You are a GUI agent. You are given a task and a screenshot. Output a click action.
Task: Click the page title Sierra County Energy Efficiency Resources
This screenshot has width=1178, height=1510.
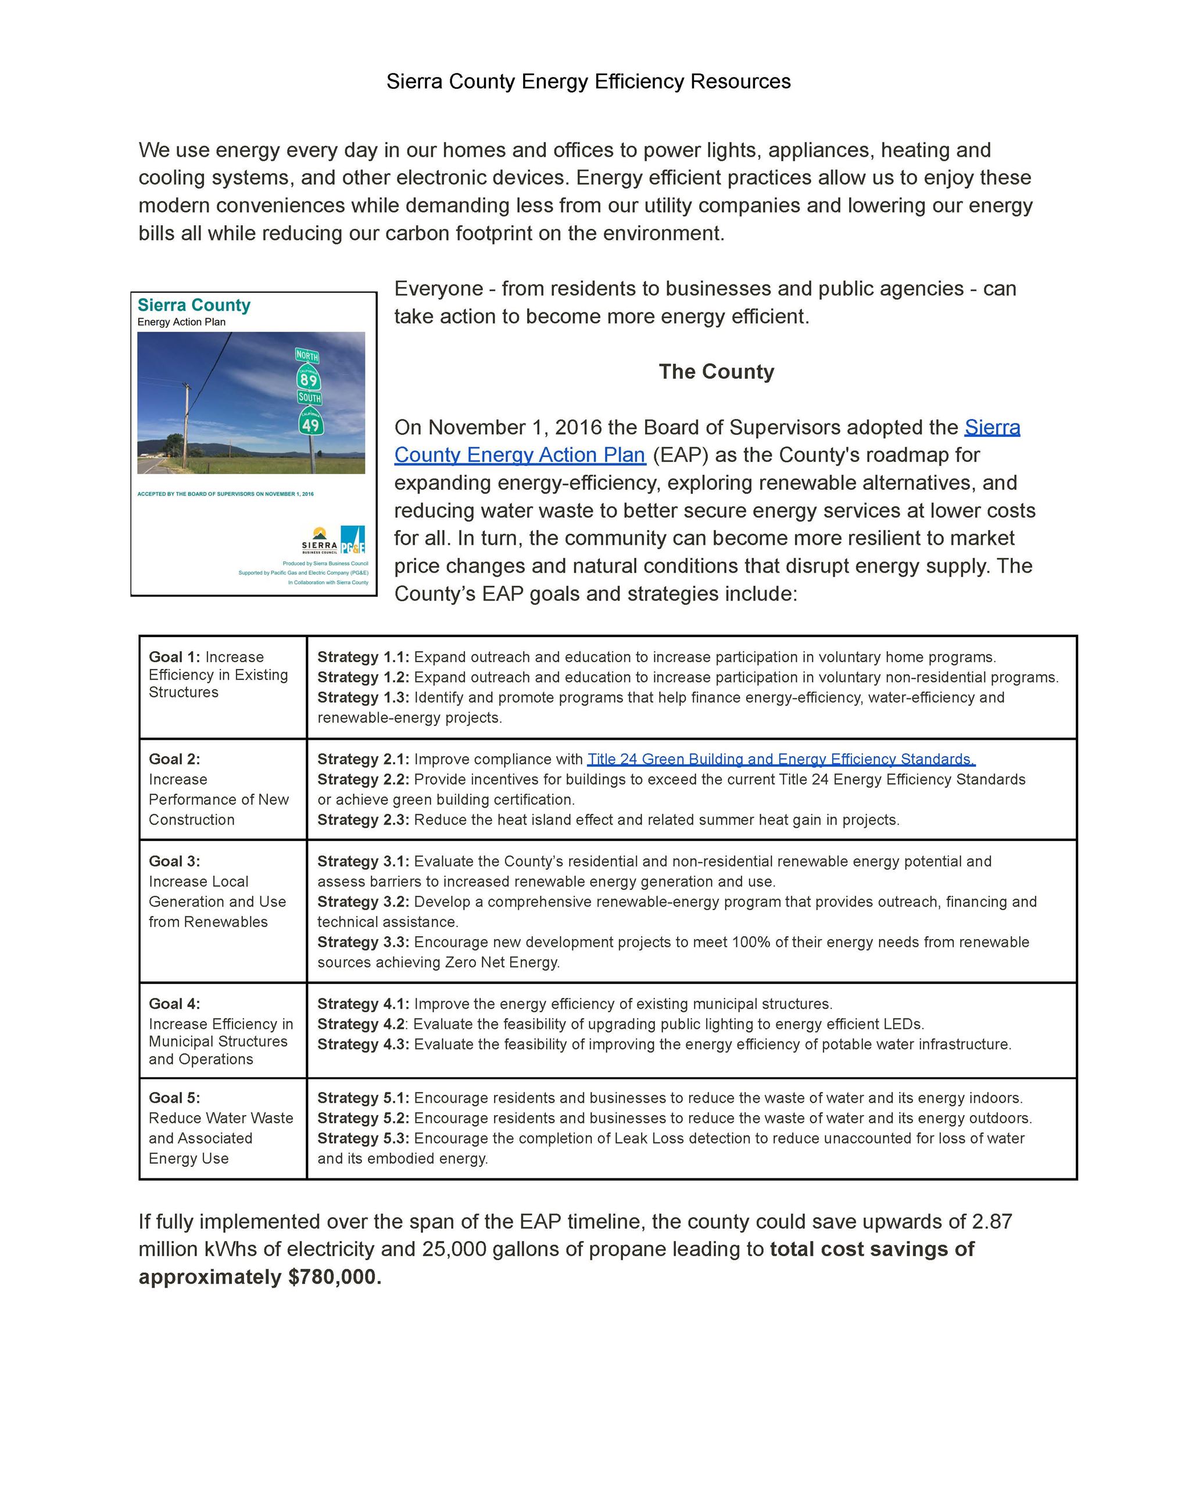588,81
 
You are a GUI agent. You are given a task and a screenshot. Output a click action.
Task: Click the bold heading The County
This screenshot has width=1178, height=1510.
716,372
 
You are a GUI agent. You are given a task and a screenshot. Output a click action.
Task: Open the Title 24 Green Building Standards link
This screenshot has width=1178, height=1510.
780,759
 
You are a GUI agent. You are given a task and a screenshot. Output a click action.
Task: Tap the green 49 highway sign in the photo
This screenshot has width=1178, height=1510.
310,423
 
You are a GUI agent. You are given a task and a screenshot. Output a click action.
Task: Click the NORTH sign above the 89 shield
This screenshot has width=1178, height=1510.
307,355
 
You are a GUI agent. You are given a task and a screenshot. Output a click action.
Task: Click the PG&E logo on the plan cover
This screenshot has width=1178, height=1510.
353,540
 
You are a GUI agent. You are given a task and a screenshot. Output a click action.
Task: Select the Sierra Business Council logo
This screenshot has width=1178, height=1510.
320,540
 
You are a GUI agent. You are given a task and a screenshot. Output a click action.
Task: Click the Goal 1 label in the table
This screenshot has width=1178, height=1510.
174,657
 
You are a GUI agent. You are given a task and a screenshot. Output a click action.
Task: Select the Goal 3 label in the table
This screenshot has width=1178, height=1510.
174,861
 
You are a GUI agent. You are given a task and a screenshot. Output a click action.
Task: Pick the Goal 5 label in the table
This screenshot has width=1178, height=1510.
174,1098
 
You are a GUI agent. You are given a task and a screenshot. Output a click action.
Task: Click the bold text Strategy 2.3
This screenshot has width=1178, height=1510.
363,820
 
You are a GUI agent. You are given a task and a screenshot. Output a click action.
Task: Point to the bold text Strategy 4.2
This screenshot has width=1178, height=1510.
361,1024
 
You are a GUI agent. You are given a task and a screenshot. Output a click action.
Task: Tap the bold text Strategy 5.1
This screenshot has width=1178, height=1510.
363,1098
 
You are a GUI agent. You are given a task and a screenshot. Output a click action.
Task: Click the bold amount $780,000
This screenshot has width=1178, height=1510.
335,1277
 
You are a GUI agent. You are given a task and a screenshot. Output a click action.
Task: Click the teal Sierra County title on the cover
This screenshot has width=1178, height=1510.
194,305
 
